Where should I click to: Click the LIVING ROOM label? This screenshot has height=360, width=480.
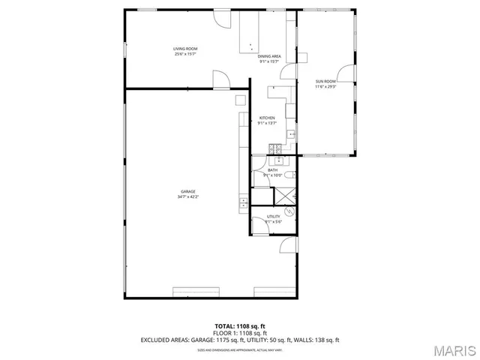click(186, 49)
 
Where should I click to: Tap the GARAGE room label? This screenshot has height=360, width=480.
click(187, 191)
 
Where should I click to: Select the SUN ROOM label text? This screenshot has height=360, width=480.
click(325, 81)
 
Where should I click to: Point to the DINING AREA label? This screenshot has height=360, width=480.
click(269, 57)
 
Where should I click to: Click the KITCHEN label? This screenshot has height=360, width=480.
click(267, 118)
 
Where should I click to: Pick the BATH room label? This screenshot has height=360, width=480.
click(272, 170)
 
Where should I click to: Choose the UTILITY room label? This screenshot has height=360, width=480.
click(273, 216)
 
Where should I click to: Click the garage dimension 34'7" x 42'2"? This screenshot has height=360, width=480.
click(187, 196)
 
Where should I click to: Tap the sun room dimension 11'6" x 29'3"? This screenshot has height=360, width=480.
click(325, 86)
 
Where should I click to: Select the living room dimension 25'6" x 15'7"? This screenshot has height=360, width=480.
click(186, 54)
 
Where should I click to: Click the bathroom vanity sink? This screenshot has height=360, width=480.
click(278, 160)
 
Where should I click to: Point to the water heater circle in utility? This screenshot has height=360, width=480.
click(292, 211)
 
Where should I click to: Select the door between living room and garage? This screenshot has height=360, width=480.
click(220, 79)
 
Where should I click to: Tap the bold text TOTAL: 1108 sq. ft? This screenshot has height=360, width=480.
click(240, 326)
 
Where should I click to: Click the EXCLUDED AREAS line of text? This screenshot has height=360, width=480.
click(240, 340)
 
